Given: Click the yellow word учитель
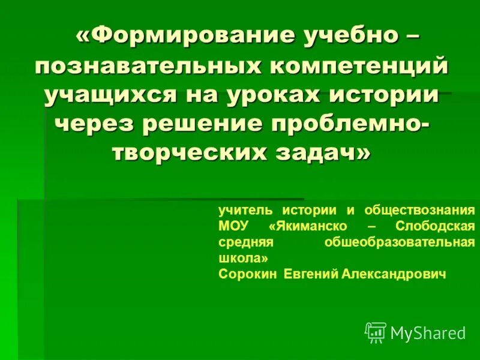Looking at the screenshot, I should [245, 211].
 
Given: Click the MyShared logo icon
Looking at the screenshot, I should [376, 332].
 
